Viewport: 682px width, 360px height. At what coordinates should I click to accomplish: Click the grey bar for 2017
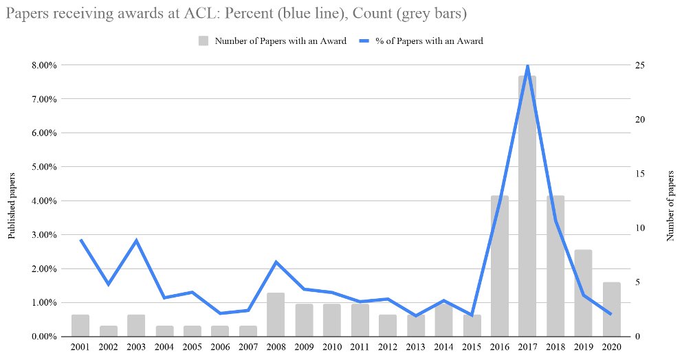click(527, 206)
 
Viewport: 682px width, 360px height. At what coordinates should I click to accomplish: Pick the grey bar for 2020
click(611, 309)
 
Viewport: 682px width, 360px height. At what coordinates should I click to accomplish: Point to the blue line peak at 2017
click(527, 66)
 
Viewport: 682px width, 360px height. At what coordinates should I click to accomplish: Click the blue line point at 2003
click(136, 240)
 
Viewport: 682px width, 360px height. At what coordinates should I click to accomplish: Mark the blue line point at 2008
click(275, 262)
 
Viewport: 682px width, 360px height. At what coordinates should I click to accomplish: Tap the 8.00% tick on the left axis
click(44, 65)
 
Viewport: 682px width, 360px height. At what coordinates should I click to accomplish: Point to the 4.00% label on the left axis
click(44, 201)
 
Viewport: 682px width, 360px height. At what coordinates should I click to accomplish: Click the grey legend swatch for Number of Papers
click(204, 41)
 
